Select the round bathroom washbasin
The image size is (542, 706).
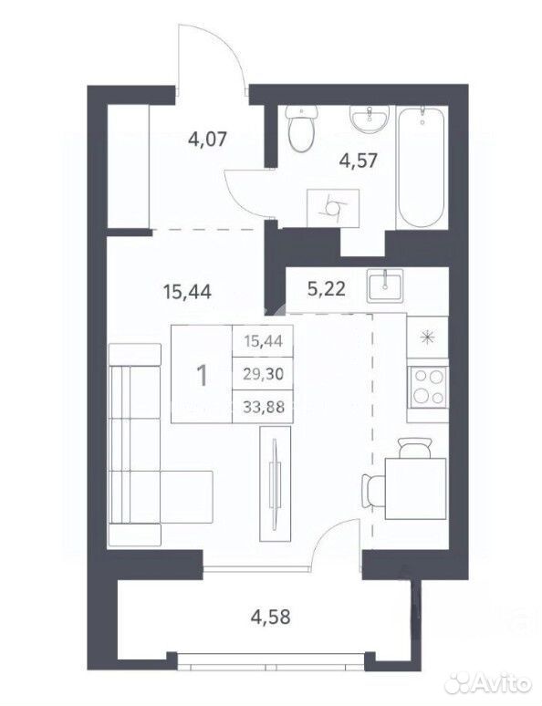tap(369, 119)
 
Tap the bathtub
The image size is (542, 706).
tap(422, 167)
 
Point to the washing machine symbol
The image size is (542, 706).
tap(333, 208)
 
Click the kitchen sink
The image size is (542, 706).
tap(384, 286)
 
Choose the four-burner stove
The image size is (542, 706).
tap(428, 388)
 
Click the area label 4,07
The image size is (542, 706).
tap(207, 140)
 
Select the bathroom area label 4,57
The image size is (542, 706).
tap(359, 161)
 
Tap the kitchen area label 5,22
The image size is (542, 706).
tap(327, 288)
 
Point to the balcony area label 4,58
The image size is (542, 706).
tap(271, 617)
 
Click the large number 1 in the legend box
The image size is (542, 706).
tap(203, 375)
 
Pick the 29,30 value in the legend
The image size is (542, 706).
tap(263, 373)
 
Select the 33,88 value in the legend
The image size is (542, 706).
tap(263, 407)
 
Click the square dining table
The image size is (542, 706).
tap(416, 489)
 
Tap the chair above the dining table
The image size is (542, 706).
tap(415, 448)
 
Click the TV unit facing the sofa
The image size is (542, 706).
tap(276, 484)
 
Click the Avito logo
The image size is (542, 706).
tap(488, 686)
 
